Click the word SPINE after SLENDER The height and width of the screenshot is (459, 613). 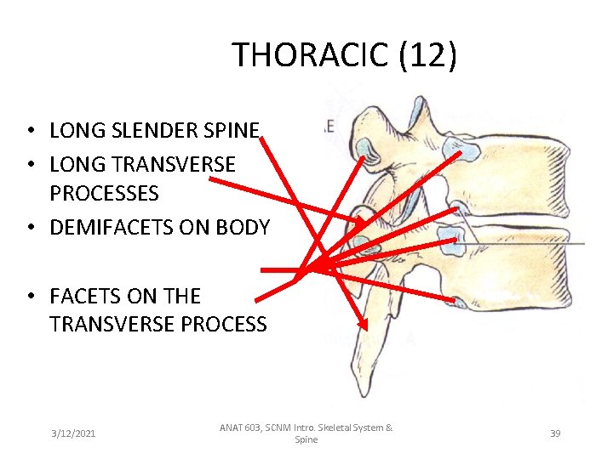pos(231,131)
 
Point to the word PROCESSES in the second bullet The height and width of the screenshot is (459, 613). pos(104,194)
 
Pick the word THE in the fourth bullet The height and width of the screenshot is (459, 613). pos(182,297)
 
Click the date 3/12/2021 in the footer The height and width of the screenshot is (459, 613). pos(73,433)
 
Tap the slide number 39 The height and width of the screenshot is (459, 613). pos(555,433)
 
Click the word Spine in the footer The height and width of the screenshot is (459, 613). pos(306,440)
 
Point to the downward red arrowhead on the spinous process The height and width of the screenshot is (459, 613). pos(363,324)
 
